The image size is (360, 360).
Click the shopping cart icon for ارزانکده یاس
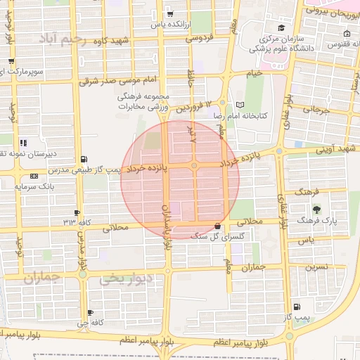coord(170,13)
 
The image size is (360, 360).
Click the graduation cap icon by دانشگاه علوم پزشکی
coord(281,28)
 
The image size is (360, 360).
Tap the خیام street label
coord(253,73)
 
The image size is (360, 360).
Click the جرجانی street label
coord(316,110)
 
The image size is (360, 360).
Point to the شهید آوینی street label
coord(336,148)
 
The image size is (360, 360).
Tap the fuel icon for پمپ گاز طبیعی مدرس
coord(85,159)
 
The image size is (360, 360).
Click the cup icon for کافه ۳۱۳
coord(77,212)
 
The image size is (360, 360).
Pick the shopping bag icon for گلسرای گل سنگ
coord(217,226)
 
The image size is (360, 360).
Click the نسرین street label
coord(316,268)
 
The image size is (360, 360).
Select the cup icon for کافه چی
coord(90,312)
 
